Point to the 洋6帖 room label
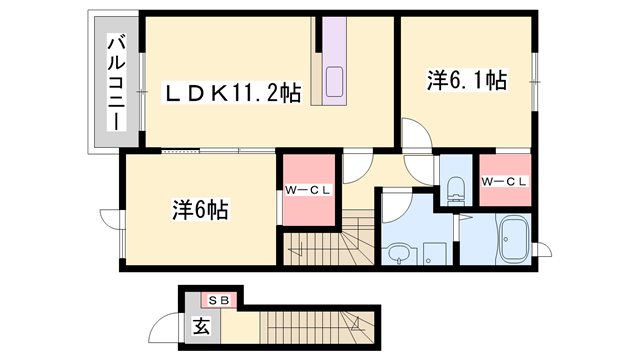[x=200, y=210]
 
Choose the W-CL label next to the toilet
[x=504, y=181]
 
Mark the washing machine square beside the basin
[x=434, y=255]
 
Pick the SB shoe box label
[x=217, y=300]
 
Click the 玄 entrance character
[x=199, y=325]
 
